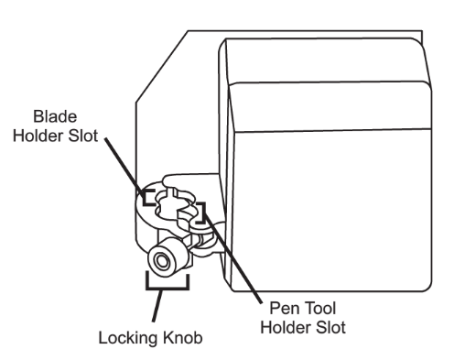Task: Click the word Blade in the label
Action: [x=55, y=116]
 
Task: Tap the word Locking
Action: [x=128, y=338]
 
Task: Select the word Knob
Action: [x=182, y=338]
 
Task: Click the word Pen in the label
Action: [x=284, y=308]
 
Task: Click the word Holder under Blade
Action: [x=38, y=136]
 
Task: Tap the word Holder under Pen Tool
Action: [x=286, y=327]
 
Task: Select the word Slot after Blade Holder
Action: [x=83, y=136]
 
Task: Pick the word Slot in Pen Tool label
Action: [x=330, y=327]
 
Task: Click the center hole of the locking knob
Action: [x=161, y=261]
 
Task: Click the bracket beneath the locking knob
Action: [x=168, y=287]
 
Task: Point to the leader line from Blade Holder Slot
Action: [x=124, y=167]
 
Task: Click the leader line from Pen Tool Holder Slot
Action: [x=232, y=258]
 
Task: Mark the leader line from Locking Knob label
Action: [x=157, y=305]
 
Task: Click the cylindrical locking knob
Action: [x=168, y=257]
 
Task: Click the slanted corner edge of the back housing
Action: [x=162, y=66]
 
